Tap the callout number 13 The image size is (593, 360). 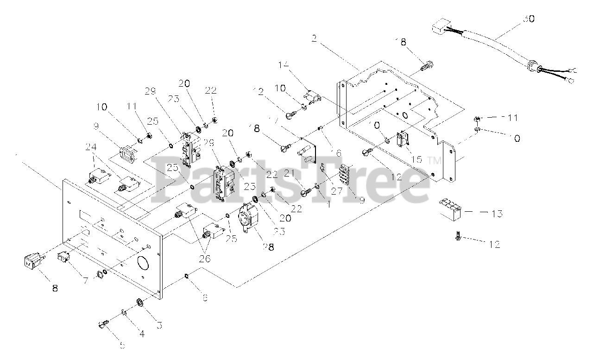pos(497,214)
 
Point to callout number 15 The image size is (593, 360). pos(417,159)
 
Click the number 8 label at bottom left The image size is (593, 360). pos(55,288)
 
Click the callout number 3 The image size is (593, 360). pos(159,326)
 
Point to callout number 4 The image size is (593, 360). pos(142,333)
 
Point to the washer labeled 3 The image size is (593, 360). pos(139,303)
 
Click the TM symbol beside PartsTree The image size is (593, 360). pos(435,161)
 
